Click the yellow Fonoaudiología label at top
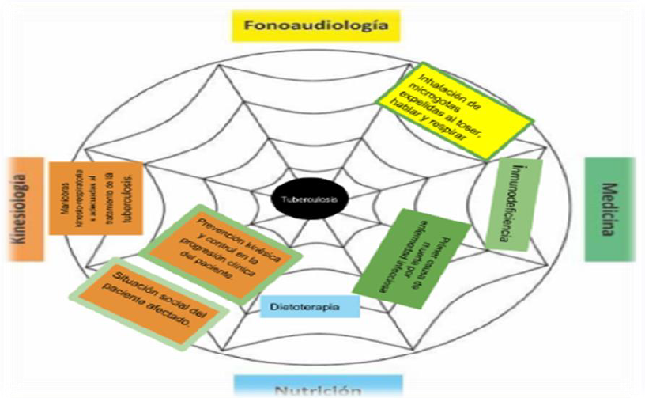pyautogui.click(x=316, y=25)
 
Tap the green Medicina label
pyautogui.click(x=609, y=209)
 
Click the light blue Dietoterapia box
pyautogui.click(x=309, y=305)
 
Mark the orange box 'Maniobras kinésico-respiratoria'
pyautogui.click(x=96, y=197)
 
